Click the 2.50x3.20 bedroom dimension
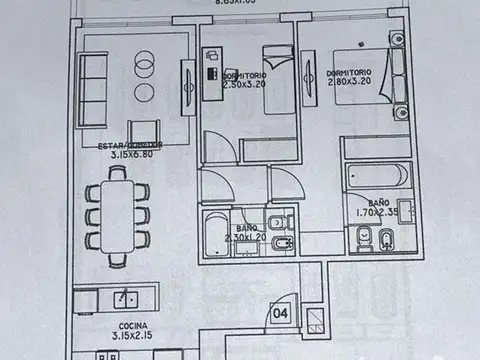coord(245,85)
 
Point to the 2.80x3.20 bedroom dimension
coord(349,83)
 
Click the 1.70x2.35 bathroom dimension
coord(376,212)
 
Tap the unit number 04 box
coord(282,313)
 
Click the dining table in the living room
coord(117,216)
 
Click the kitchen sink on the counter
coord(127,297)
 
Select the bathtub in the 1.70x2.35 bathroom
coord(377,176)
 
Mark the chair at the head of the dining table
coord(118,173)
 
